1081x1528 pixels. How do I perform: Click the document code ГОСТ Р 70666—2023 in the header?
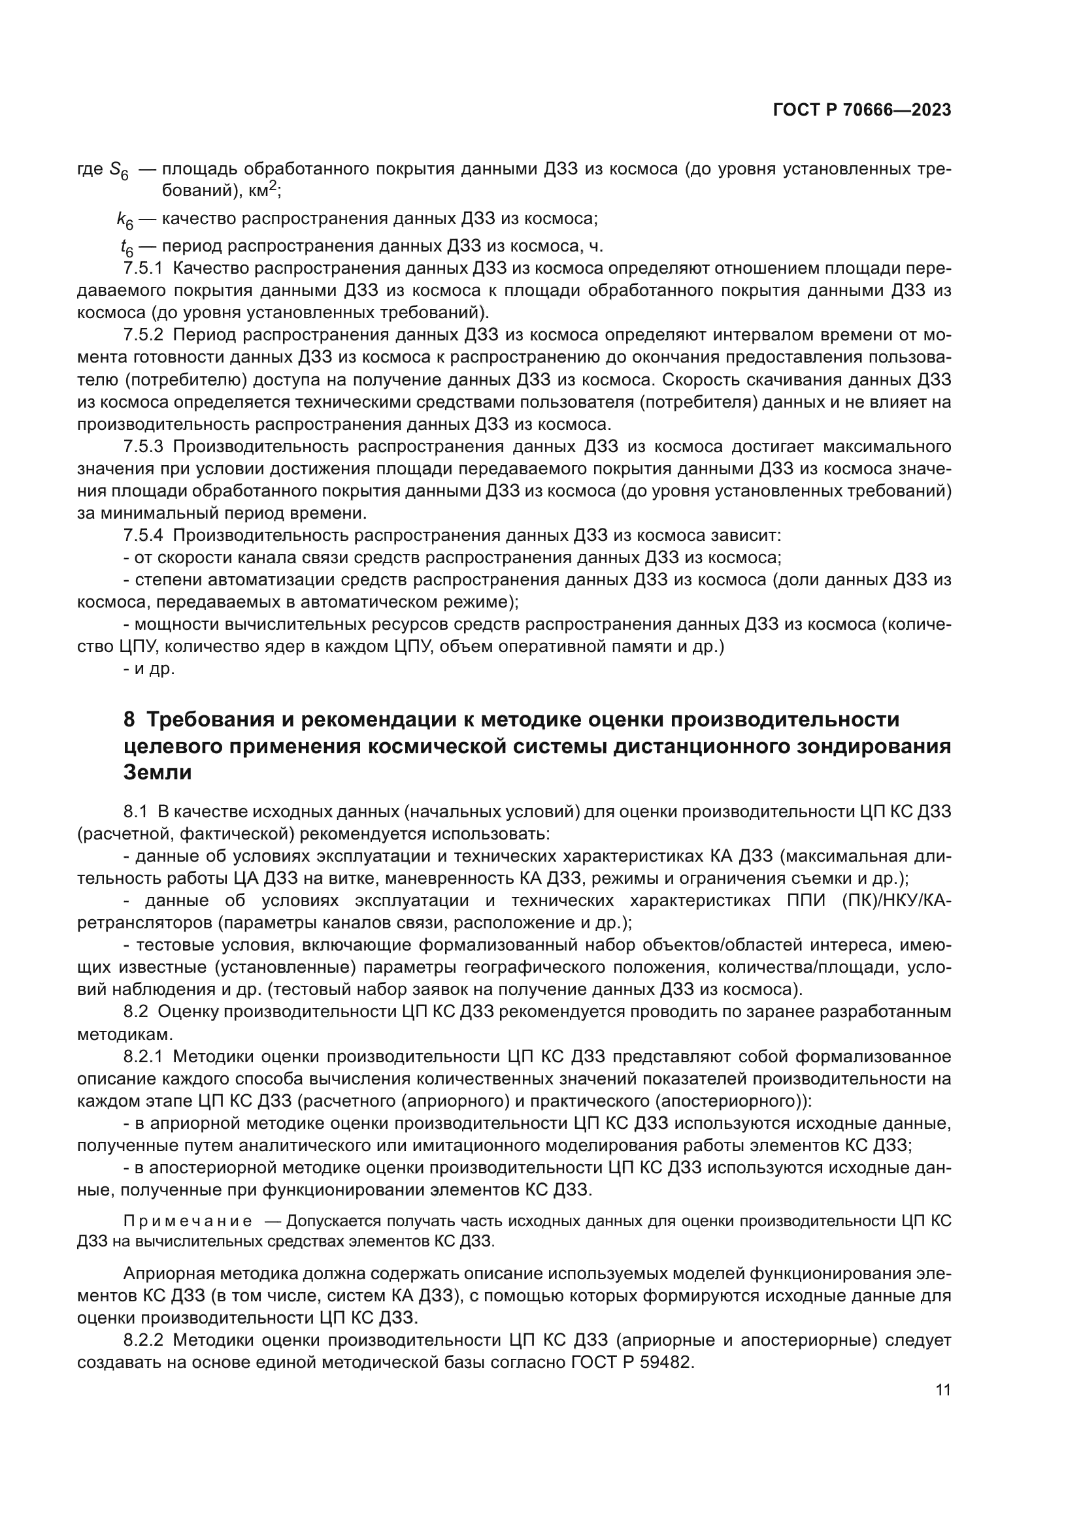pos(861,110)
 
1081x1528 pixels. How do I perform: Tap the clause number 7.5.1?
pos(143,268)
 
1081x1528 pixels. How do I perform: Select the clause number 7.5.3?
pos(143,446)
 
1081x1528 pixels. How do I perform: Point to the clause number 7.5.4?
pos(143,535)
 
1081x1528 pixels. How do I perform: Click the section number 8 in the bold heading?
pos(129,720)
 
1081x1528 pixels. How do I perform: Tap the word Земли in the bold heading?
pos(158,773)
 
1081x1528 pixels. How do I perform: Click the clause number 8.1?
pos(135,811)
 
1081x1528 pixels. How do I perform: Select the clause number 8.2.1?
pos(143,1056)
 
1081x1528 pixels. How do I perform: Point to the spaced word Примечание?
pos(188,1221)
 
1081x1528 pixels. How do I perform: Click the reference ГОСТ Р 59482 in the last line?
pos(631,1361)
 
